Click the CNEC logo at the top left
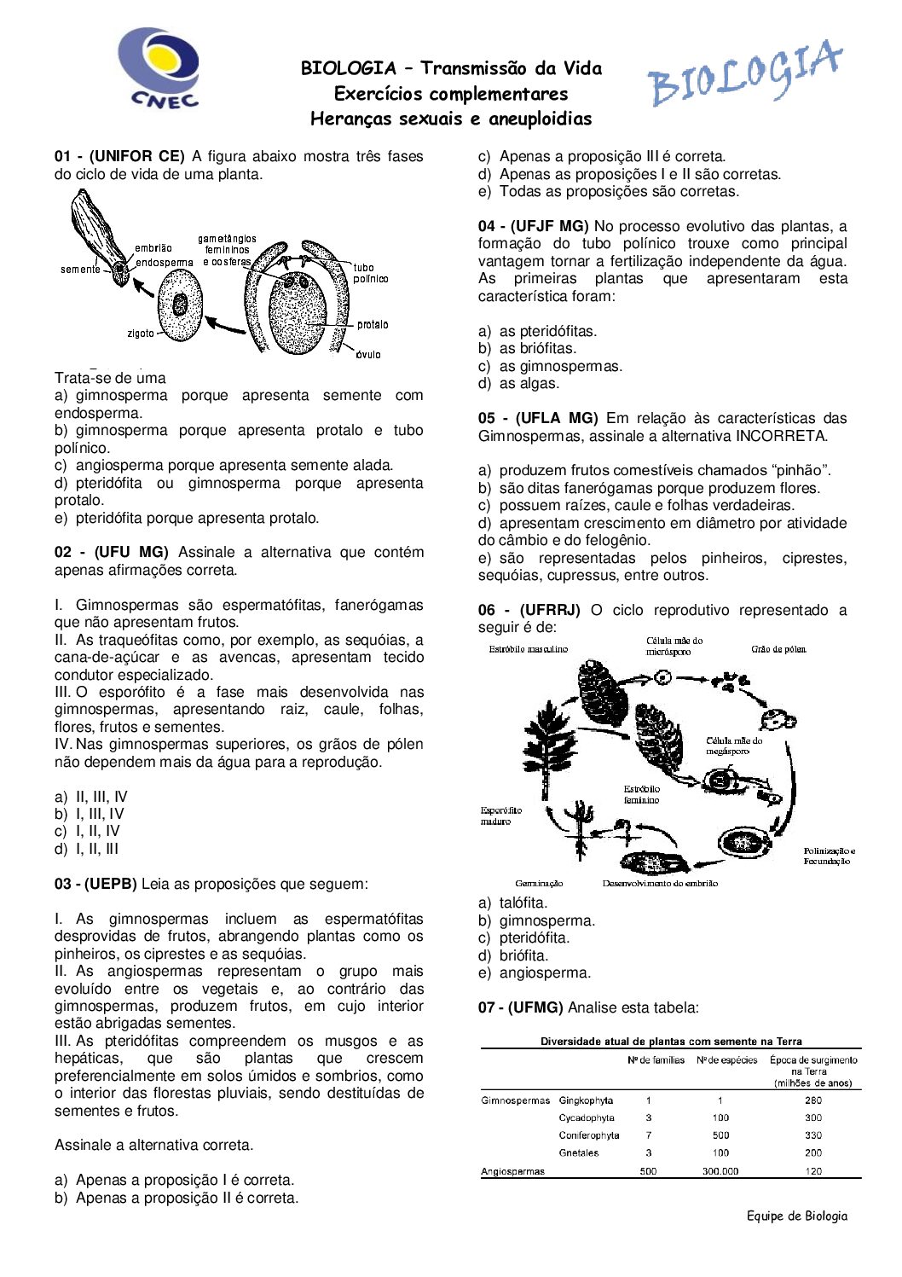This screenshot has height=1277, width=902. (x=159, y=67)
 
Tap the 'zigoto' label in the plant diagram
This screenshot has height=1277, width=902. (x=141, y=334)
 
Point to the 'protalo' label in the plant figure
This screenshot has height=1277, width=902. (x=373, y=325)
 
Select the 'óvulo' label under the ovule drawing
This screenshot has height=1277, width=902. (x=368, y=355)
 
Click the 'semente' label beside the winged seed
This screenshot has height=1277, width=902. (x=80, y=270)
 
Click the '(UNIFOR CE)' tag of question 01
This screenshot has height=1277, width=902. (x=136, y=156)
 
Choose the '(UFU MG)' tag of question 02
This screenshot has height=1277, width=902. (x=131, y=553)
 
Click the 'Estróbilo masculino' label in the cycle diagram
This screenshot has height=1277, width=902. (x=528, y=649)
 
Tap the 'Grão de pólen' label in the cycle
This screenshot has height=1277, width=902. (x=778, y=649)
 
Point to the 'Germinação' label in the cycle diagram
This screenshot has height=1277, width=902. (x=539, y=884)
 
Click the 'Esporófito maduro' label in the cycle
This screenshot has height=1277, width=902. (x=501, y=816)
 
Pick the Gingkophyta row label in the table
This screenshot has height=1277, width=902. (x=586, y=1100)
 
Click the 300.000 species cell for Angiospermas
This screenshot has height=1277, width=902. (x=720, y=1171)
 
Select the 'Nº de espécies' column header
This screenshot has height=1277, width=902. (x=727, y=1060)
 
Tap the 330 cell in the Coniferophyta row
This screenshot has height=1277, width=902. (x=813, y=1135)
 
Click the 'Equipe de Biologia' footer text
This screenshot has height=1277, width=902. (x=797, y=1216)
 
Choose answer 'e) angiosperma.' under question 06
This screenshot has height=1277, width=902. (x=535, y=973)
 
